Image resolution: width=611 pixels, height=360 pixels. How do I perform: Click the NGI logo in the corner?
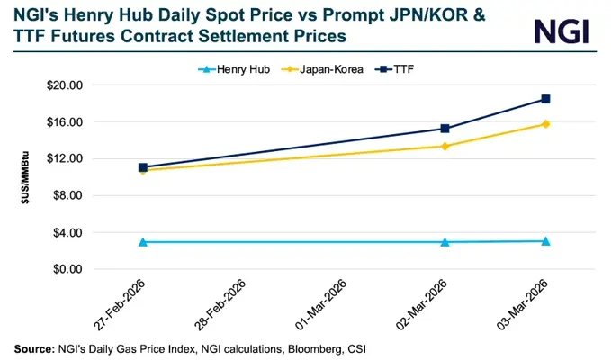pyautogui.click(x=562, y=31)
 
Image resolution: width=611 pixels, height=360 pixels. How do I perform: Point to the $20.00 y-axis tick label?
pyautogui.click(x=63, y=85)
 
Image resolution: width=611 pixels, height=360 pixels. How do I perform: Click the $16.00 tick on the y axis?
pyautogui.click(x=63, y=122)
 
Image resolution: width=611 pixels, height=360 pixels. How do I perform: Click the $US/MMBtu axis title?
pyautogui.click(x=26, y=177)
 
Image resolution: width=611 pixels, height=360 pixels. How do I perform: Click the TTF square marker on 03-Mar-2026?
pyautogui.click(x=545, y=99)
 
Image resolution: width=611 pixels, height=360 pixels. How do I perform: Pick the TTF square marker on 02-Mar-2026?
pyautogui.click(x=445, y=129)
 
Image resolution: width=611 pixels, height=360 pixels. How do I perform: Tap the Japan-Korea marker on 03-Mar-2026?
pyautogui.click(x=545, y=124)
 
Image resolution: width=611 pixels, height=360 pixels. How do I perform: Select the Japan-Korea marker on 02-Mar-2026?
pyautogui.click(x=445, y=146)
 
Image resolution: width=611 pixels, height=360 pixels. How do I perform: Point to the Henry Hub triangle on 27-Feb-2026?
pyautogui.click(x=142, y=242)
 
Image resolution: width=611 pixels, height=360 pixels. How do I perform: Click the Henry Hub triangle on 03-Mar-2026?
pyautogui.click(x=545, y=241)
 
